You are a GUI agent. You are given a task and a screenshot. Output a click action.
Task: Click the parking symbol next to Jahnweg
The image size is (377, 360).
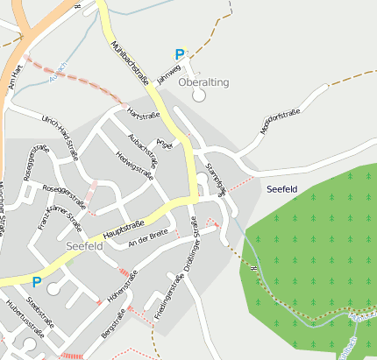(x=181, y=54)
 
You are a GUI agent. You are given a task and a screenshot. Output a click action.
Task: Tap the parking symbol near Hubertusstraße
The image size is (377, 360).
(x=36, y=282)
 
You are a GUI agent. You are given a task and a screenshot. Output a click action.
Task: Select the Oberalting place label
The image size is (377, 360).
(x=203, y=81)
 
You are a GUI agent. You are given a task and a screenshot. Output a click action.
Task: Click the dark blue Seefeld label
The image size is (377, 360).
(x=281, y=189)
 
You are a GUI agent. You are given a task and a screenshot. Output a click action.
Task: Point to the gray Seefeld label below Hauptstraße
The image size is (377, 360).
(x=85, y=247)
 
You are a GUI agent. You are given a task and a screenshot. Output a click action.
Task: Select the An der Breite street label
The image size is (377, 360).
(x=147, y=236)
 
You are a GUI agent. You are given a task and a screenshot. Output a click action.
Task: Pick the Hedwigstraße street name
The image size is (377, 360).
(x=135, y=165)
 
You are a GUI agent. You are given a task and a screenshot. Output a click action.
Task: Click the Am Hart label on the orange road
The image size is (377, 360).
(x=12, y=82)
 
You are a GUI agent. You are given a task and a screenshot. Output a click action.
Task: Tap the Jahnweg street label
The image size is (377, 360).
(x=169, y=72)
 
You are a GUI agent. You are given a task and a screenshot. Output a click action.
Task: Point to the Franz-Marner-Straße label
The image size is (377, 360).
(x=50, y=219)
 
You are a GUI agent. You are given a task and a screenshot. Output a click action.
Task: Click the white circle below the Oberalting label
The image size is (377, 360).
(x=199, y=94)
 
